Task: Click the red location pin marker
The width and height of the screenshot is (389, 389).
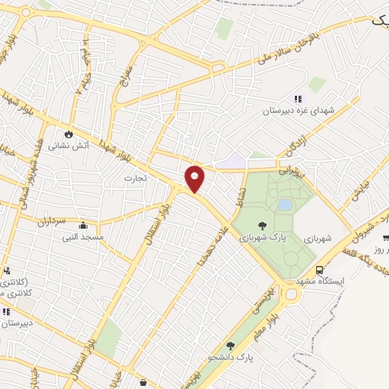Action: click(195, 178)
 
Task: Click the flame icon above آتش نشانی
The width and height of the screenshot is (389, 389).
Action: click(70, 131)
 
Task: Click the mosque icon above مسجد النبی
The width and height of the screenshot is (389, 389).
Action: click(83, 225)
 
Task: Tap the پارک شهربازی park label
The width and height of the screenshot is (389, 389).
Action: click(263, 237)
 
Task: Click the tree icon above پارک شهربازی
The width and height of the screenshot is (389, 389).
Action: click(263, 225)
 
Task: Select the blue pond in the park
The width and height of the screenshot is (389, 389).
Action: click(285, 204)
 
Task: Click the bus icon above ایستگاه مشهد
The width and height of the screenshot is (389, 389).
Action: click(320, 270)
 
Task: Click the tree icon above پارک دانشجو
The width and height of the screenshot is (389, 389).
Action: click(230, 346)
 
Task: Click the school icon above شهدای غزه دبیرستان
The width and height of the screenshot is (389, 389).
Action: click(298, 99)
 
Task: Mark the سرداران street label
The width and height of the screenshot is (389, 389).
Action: click(52, 223)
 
